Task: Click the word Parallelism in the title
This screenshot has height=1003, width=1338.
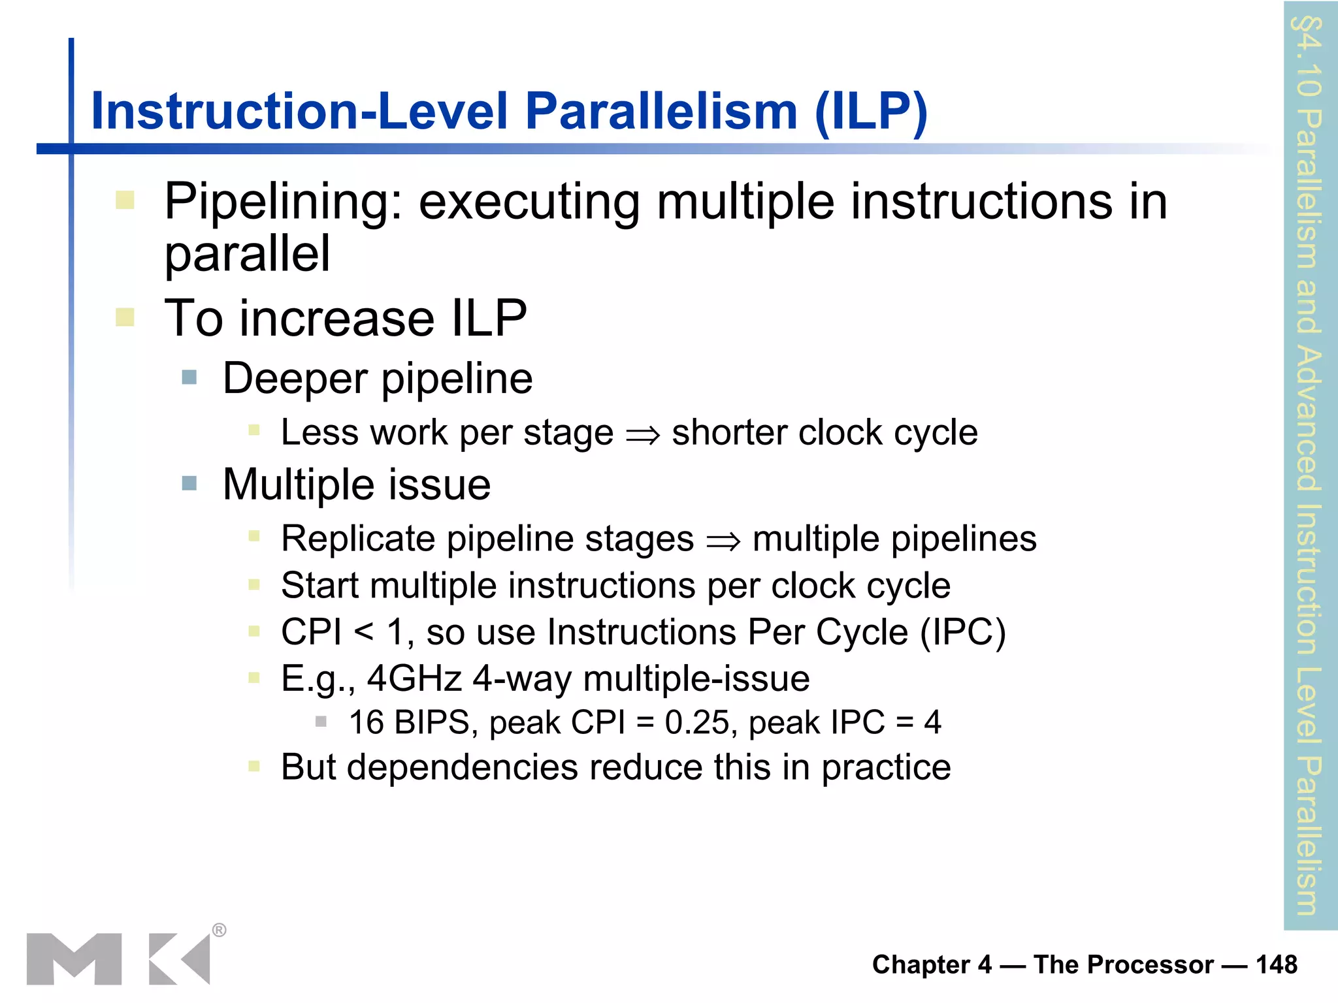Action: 661,111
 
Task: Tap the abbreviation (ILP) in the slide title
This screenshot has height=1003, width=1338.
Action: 871,112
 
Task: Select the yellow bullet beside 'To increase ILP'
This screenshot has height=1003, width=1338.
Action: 125,317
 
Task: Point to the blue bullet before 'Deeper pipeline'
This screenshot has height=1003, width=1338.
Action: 189,377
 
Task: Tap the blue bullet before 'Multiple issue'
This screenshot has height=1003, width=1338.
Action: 189,483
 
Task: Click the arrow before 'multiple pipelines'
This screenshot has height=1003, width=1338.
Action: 723,541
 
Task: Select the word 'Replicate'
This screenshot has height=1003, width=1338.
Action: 358,539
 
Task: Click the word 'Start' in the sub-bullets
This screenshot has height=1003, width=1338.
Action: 319,585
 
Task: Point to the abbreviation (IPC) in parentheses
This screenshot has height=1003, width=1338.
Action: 963,632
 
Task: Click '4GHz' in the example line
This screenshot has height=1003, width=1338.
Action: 414,678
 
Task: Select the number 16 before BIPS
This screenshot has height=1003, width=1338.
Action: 366,723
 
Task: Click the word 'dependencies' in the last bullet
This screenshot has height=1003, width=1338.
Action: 462,767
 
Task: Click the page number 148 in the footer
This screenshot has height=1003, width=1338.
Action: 1276,964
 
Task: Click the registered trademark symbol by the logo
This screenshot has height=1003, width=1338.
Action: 220,930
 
